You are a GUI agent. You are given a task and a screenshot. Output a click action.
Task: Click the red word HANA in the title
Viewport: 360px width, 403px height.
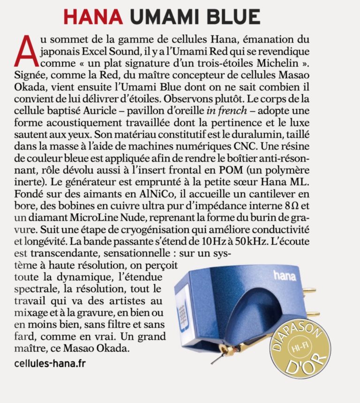tap(93, 17)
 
